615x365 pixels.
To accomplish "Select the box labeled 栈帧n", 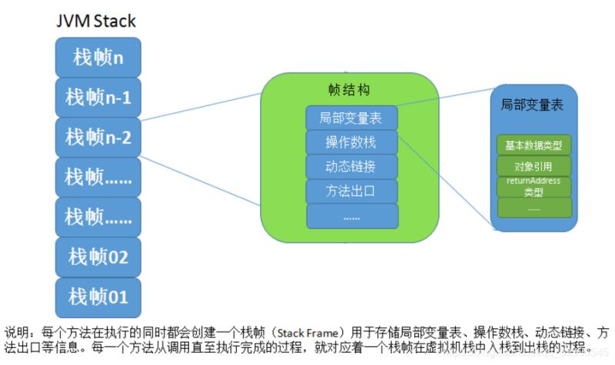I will coord(98,57).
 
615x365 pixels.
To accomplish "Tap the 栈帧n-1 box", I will coord(98,97).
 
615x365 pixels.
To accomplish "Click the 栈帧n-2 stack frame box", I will coord(98,137).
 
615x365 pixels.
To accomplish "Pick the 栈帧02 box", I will coord(98,256).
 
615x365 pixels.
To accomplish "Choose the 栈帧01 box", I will coord(98,296).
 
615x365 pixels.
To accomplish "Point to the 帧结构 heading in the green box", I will coord(350,91).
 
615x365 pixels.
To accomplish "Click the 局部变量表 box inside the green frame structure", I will coord(351,118).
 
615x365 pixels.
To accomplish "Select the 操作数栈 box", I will coord(351,142).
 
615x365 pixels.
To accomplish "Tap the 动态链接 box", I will coord(351,166).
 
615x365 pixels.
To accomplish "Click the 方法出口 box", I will coord(351,191).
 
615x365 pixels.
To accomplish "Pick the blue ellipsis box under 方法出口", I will coord(351,216).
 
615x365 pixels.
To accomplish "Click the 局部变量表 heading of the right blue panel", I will coord(532,105).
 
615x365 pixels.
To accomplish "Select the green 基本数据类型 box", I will coord(534,144).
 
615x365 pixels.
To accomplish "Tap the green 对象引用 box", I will coord(534,166).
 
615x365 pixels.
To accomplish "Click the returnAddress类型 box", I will coord(534,186).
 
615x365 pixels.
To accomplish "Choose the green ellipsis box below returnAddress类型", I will coord(534,207).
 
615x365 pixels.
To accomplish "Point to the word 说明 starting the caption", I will coord(18,333).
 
